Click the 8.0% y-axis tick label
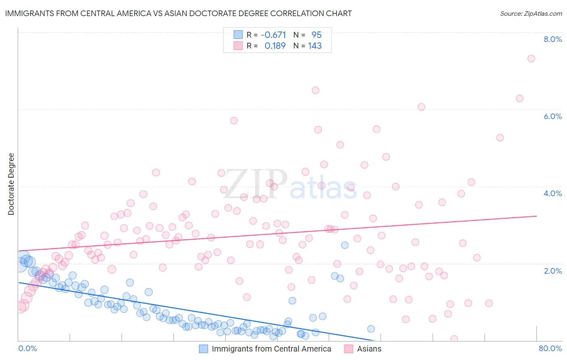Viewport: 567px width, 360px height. pyautogui.click(x=552, y=39)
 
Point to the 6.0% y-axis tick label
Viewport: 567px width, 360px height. pyautogui.click(x=552, y=116)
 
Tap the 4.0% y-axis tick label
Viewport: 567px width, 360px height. pyautogui.click(x=552, y=193)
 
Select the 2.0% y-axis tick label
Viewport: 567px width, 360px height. pyautogui.click(x=552, y=271)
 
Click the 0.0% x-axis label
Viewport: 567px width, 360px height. pyautogui.click(x=27, y=348)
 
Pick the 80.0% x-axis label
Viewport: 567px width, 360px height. pyautogui.click(x=550, y=348)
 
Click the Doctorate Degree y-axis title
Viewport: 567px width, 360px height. pyautogui.click(x=11, y=184)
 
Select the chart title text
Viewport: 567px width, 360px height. pyautogui.click(x=178, y=13)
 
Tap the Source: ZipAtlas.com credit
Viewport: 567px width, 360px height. pyautogui.click(x=531, y=13)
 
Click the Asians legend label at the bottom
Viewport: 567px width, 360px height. pyautogui.click(x=369, y=349)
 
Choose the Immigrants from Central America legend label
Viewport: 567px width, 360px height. pyautogui.click(x=271, y=349)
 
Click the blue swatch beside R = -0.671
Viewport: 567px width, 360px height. pyautogui.click(x=238, y=35)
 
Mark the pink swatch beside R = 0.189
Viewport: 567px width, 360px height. pyautogui.click(x=238, y=46)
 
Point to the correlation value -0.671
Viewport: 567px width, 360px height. pyautogui.click(x=273, y=35)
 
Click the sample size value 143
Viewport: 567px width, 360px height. pyautogui.click(x=315, y=46)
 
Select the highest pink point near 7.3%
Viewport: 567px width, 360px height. pyautogui.click(x=531, y=59)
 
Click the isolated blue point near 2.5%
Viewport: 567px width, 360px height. pyautogui.click(x=344, y=245)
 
